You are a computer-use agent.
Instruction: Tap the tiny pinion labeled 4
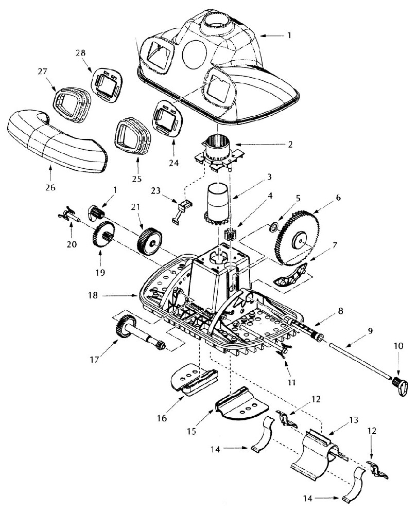[x=230, y=235]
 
